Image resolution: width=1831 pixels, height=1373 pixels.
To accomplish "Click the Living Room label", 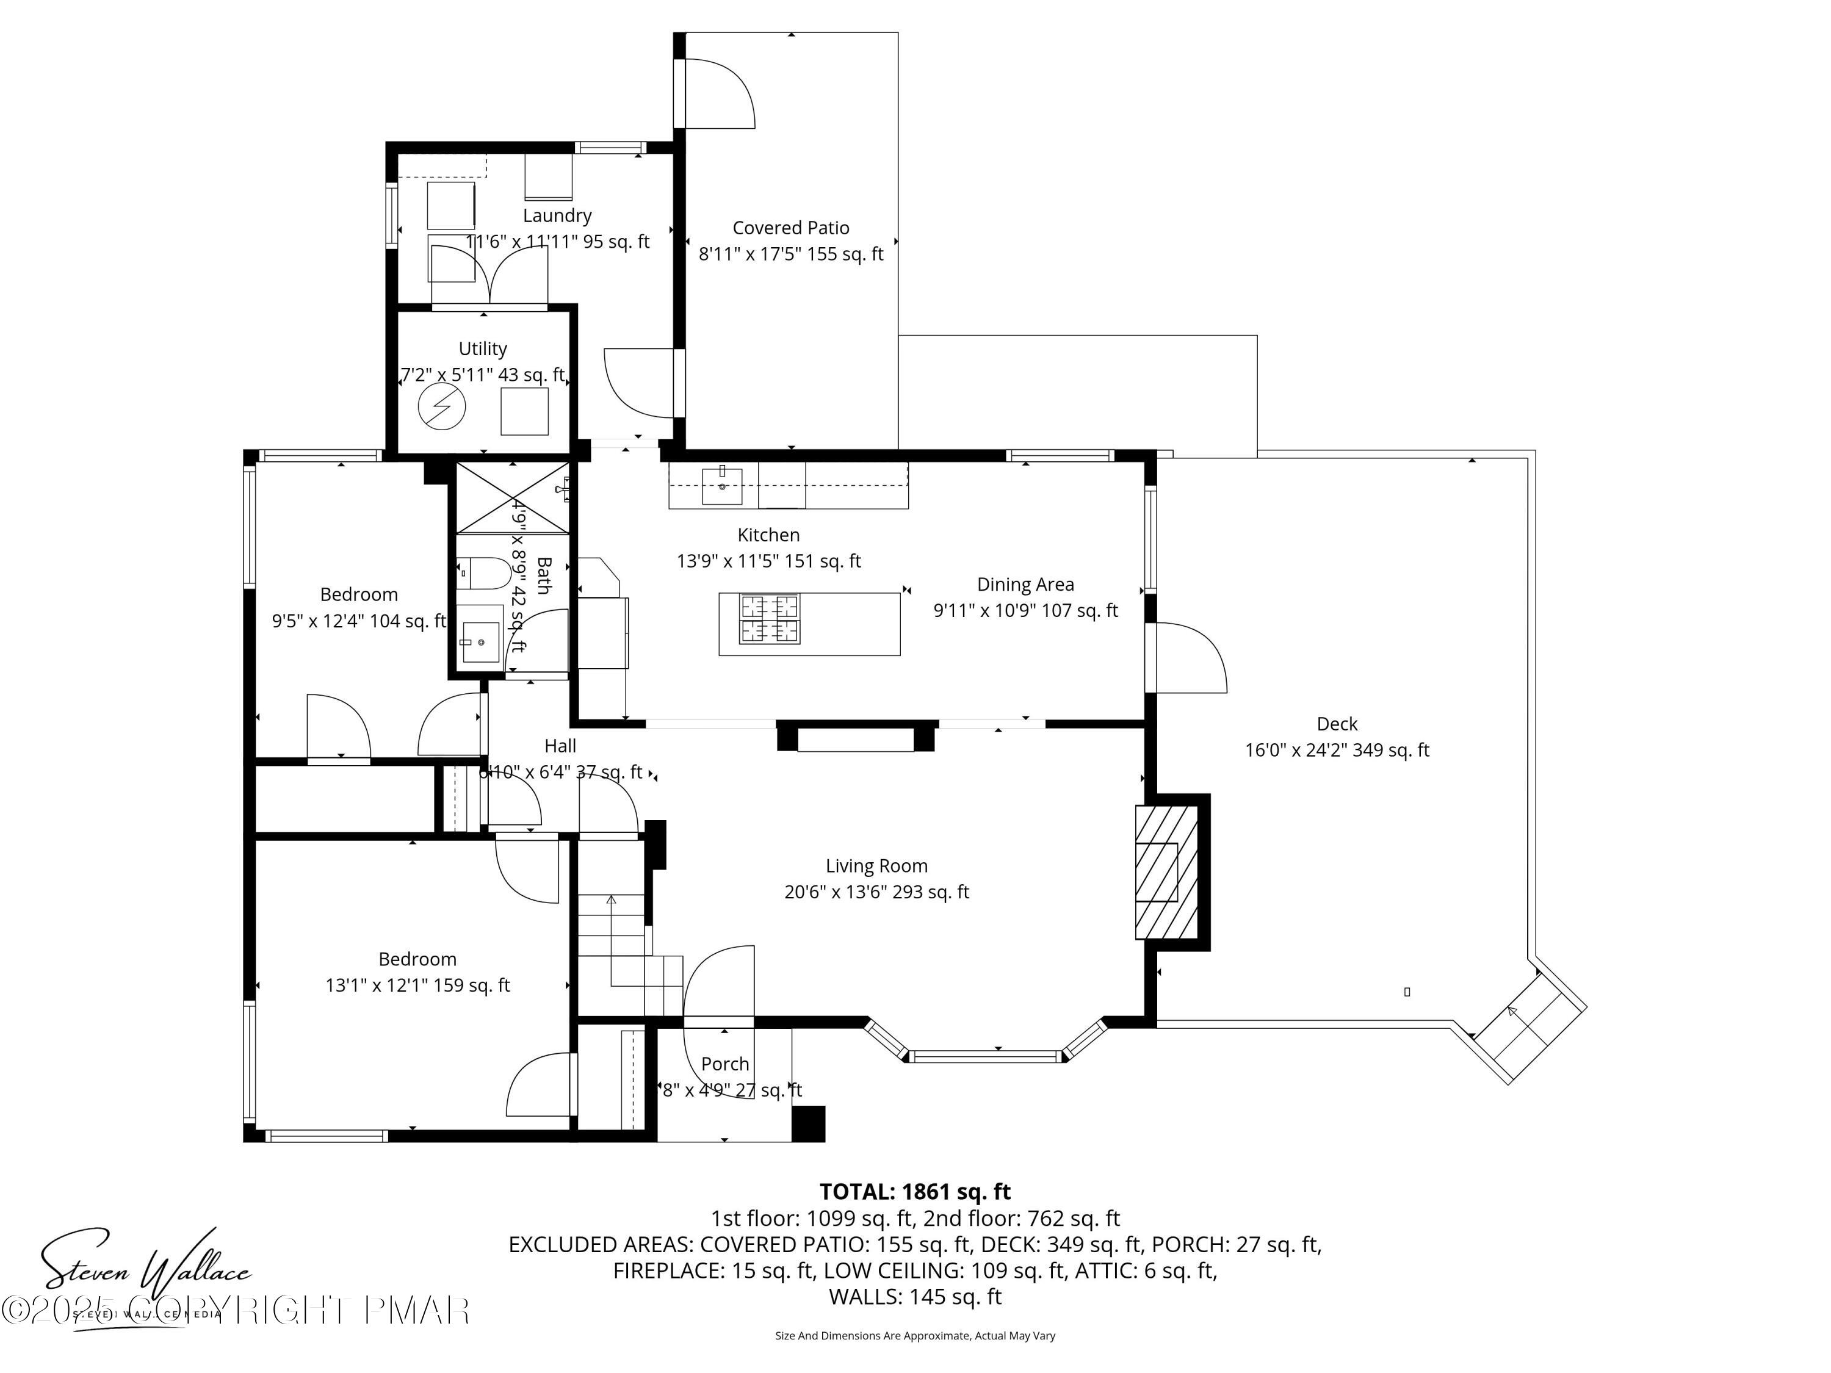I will (x=876, y=866).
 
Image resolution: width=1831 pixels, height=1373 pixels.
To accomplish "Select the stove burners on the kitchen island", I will (x=770, y=619).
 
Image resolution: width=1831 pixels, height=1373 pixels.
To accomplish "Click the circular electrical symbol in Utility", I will (x=441, y=407).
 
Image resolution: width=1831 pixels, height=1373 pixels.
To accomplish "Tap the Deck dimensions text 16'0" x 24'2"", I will (x=1337, y=750).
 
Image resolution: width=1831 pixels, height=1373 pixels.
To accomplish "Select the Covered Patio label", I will (x=790, y=228).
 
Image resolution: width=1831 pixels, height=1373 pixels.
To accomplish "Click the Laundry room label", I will (x=557, y=215).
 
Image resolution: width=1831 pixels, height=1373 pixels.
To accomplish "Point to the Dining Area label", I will (x=1025, y=585).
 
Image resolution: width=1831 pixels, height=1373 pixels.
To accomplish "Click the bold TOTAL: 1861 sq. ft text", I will (x=915, y=1192).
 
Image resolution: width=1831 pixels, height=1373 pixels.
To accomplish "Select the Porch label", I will (x=724, y=1064).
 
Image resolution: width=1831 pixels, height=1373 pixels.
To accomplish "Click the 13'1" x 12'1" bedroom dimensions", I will (x=417, y=985).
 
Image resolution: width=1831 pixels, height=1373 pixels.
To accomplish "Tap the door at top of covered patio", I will (x=716, y=93).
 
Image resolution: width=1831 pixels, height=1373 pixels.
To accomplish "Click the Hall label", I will (x=560, y=746).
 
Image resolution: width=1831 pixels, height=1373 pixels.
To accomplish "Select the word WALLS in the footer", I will (x=865, y=1297).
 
